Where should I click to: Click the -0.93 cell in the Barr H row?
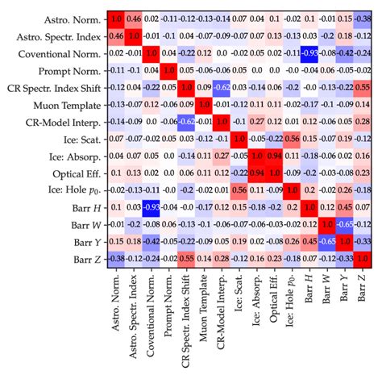click(x=152, y=206)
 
